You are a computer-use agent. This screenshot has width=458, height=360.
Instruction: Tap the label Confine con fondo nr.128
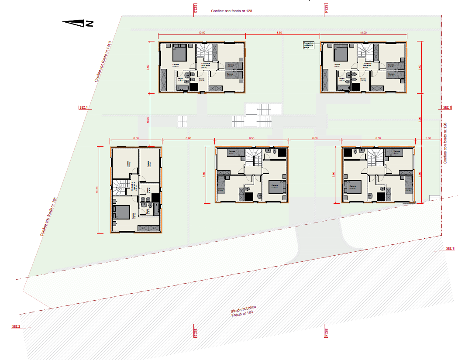coord(232,10)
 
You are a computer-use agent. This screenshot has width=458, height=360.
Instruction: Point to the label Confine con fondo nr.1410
coord(104,62)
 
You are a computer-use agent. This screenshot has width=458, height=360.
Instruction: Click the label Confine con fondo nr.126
coord(445,143)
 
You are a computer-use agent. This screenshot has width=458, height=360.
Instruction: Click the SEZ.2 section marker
coord(16,326)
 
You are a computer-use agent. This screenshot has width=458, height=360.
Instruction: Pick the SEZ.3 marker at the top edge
coord(195,9)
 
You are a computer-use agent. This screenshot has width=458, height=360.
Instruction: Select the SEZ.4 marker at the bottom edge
coord(326,333)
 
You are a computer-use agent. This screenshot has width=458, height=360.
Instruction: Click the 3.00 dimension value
coord(428,138)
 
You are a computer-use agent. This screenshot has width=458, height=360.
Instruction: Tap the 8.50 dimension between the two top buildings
coord(279,33)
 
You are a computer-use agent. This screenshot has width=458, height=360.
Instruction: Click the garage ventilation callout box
coord(309,45)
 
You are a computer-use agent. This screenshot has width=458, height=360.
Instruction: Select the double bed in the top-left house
coord(179,54)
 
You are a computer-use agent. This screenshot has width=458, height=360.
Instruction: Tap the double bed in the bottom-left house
coord(121,212)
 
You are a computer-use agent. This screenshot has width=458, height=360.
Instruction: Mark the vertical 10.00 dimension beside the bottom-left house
coord(97,189)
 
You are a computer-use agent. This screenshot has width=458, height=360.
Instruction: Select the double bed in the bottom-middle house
coord(277,187)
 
